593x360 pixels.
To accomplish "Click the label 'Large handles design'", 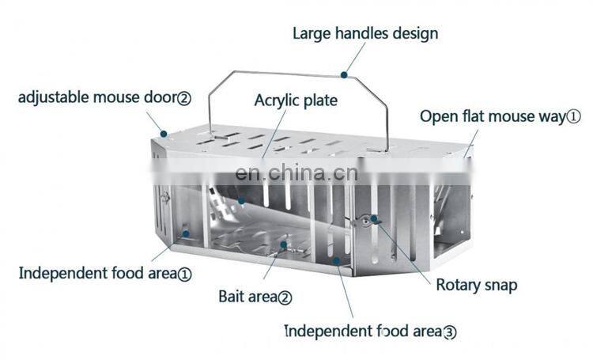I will tap(365, 33).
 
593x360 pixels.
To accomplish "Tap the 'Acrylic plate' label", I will tap(296, 100).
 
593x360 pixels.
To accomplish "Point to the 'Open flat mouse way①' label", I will tap(500, 116).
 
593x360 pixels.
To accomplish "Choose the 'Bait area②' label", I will tap(255, 297).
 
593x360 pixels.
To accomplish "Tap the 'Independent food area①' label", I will tap(105, 274).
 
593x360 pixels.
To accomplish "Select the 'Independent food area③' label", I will tap(370, 331).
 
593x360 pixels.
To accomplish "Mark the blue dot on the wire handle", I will tap(345, 76).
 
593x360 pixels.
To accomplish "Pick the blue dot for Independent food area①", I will tap(186, 234).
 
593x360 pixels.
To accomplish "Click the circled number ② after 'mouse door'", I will tap(183, 98).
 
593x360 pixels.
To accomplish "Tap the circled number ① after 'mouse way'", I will tap(573, 116).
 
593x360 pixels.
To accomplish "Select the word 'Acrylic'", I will tap(277, 100).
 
